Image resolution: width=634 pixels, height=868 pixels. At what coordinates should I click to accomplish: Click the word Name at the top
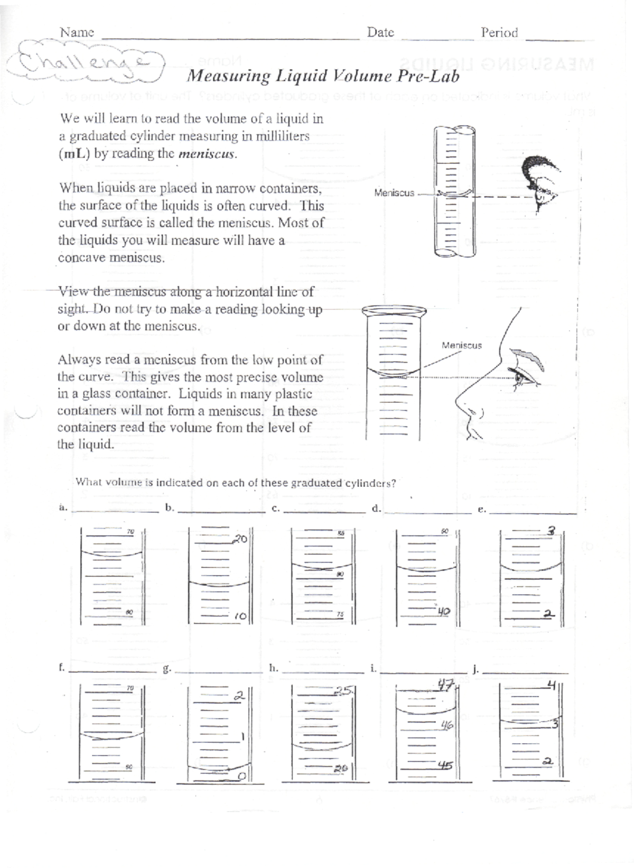[x=77, y=32]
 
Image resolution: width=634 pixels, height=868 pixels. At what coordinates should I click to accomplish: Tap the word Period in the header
[x=499, y=33]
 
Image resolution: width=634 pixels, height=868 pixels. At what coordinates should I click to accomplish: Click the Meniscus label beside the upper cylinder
[x=394, y=193]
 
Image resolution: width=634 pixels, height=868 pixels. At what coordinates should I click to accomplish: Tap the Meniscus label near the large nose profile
[x=461, y=345]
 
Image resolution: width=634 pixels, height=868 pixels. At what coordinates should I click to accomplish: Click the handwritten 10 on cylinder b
[x=240, y=616]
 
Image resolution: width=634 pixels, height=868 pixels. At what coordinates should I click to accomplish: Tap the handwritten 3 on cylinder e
[x=551, y=531]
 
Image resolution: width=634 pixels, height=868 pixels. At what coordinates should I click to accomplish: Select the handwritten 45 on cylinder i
[x=445, y=765]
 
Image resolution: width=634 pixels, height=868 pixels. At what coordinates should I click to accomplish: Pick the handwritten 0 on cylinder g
[x=241, y=775]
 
